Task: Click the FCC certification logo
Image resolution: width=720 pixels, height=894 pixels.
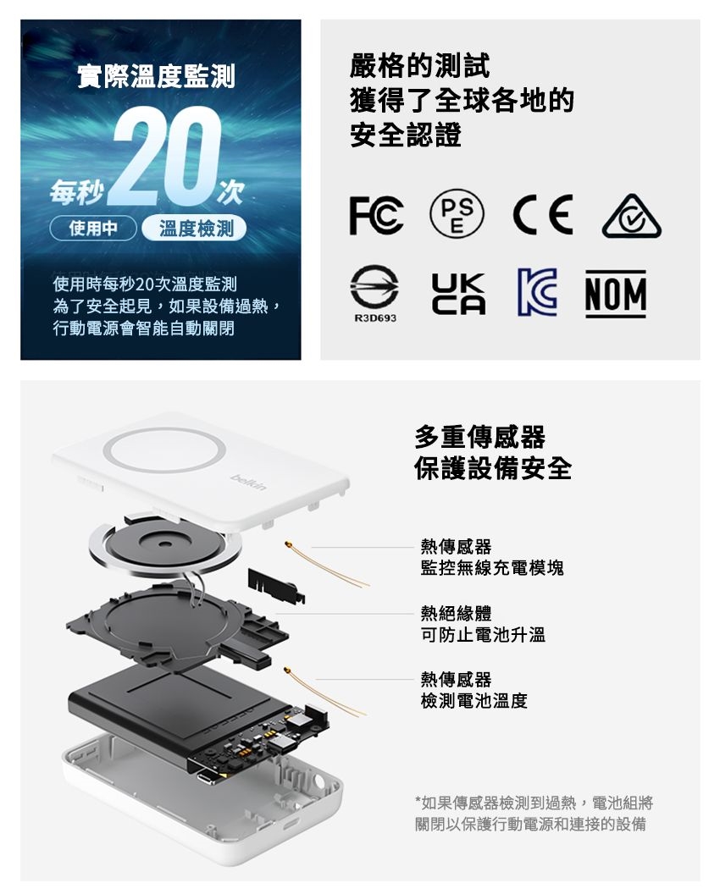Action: click(x=377, y=215)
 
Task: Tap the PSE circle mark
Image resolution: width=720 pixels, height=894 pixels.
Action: click(x=457, y=214)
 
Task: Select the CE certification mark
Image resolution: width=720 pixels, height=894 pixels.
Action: click(x=543, y=215)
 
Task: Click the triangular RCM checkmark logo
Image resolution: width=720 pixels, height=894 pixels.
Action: click(x=632, y=217)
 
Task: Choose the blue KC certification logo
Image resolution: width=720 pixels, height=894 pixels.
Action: click(x=537, y=292)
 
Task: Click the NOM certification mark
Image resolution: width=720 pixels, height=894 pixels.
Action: click(x=616, y=294)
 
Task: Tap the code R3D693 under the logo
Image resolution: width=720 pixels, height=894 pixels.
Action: click(x=375, y=318)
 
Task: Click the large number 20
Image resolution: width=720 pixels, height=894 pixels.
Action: click(x=167, y=155)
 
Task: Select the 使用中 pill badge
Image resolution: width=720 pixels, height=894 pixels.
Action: click(x=93, y=229)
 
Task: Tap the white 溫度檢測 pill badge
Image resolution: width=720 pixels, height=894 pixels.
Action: click(x=195, y=229)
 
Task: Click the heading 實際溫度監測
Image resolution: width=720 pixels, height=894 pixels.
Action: click(x=156, y=76)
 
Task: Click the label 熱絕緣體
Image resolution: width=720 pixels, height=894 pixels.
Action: click(x=456, y=614)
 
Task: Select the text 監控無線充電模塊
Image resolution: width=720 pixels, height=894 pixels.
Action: click(x=492, y=568)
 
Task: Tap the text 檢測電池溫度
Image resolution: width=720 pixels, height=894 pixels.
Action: click(x=474, y=701)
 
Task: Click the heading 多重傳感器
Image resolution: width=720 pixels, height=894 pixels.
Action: click(x=479, y=437)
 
